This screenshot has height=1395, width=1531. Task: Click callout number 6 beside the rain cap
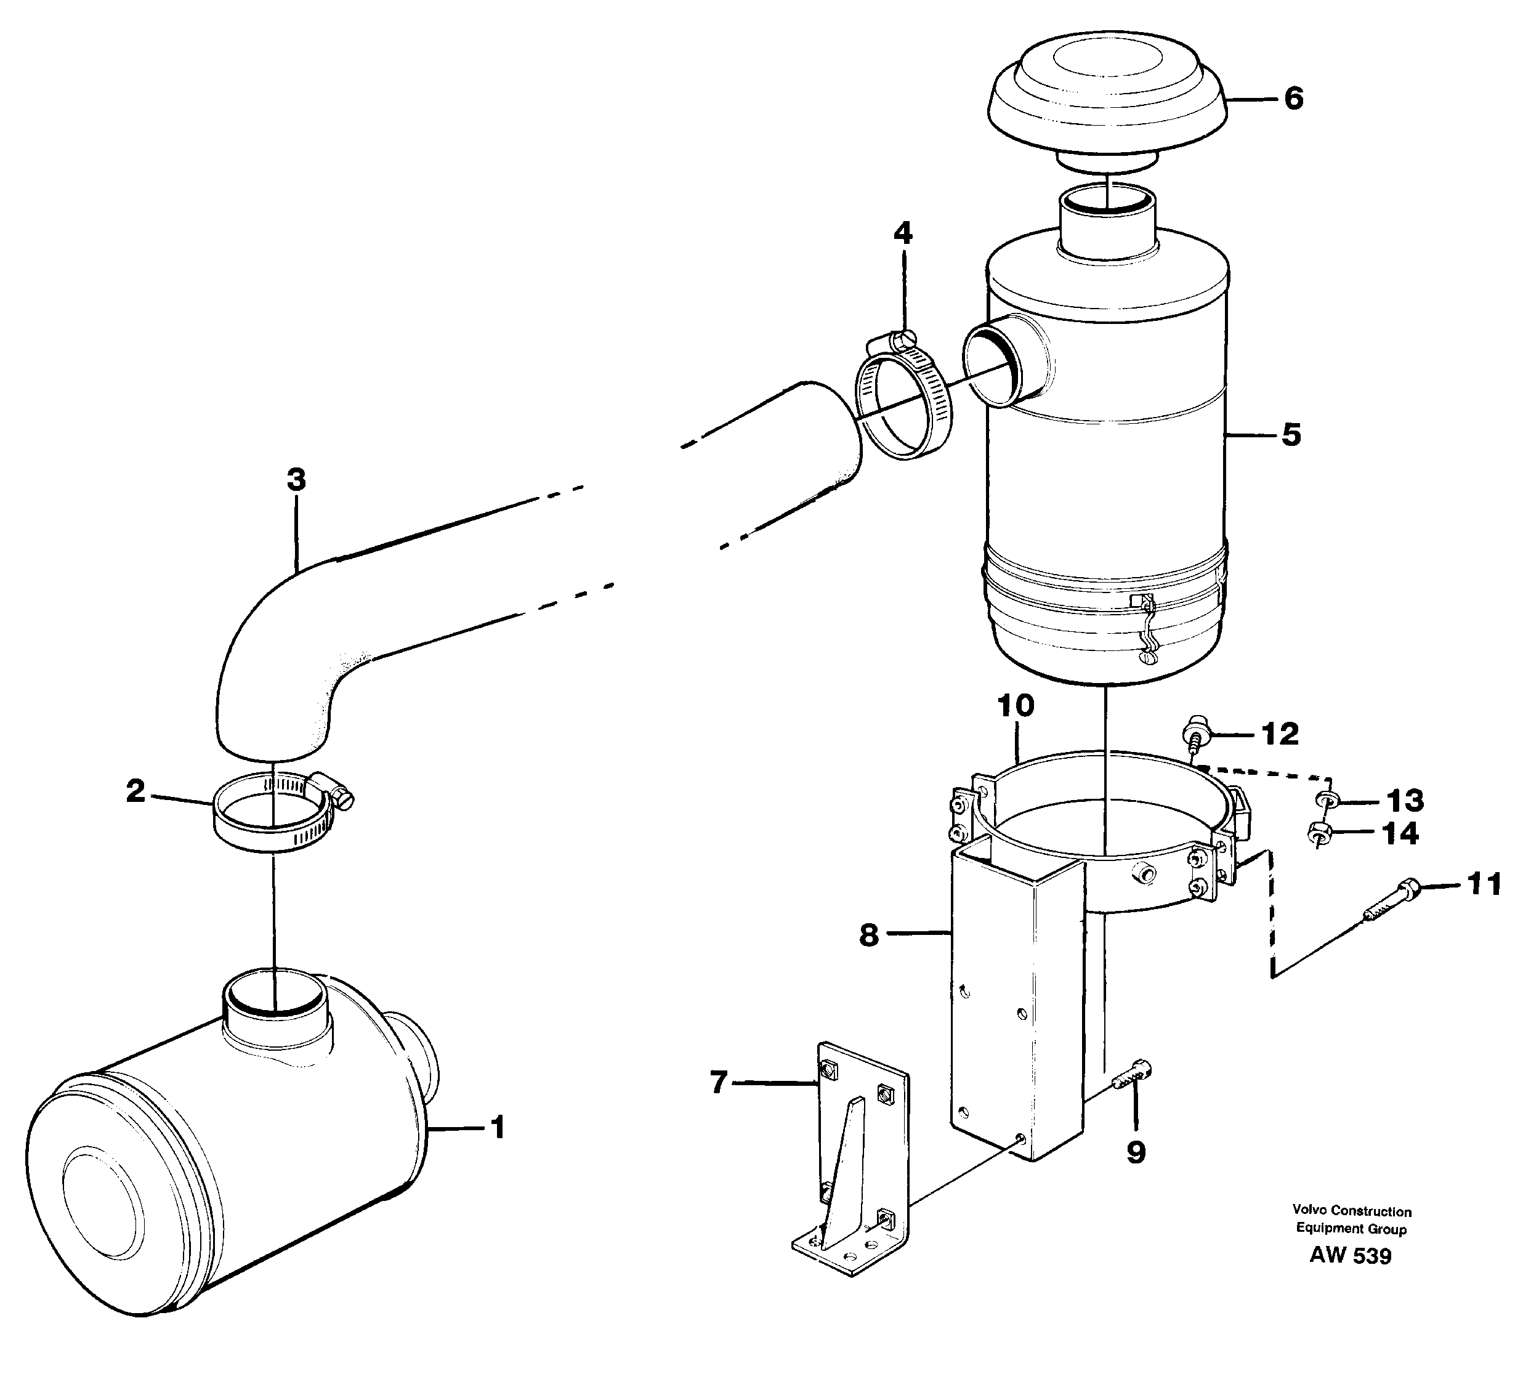click(1294, 99)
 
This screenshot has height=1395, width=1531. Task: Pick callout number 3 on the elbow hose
click(296, 479)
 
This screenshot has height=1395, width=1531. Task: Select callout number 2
click(135, 791)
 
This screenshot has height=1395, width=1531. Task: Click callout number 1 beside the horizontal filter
click(498, 1128)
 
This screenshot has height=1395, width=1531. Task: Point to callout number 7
click(719, 1082)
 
